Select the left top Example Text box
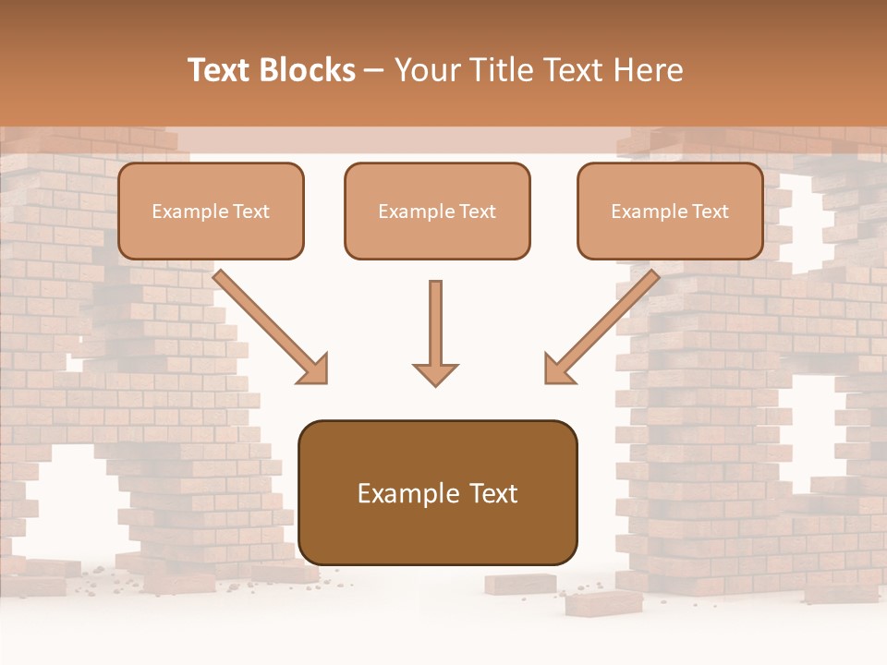point(211,211)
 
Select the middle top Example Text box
point(437,211)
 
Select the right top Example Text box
point(670,211)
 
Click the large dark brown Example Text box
point(437,492)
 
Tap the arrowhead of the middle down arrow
point(435,374)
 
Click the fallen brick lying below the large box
point(605,603)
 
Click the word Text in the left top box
point(251,212)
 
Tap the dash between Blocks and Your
point(374,71)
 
